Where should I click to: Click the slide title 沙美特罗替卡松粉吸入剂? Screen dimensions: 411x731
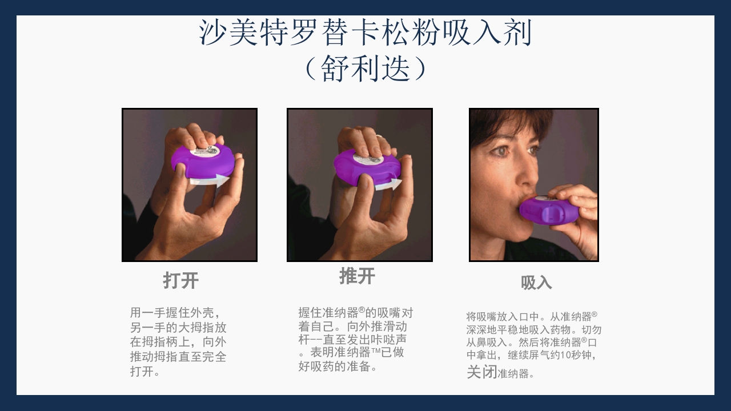click(x=365, y=33)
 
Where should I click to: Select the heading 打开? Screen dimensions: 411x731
click(x=181, y=280)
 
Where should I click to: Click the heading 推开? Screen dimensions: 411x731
click(x=358, y=276)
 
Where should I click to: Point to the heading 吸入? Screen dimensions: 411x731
click(x=536, y=283)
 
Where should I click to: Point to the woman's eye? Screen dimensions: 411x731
click(x=500, y=151)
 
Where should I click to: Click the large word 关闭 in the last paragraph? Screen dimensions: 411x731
click(x=481, y=372)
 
